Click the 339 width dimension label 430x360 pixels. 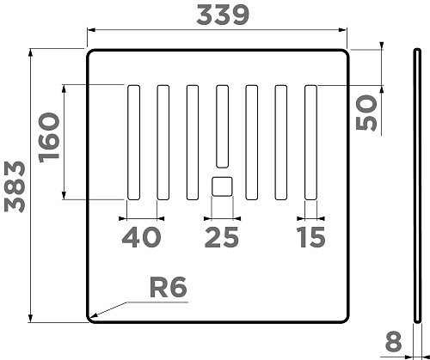tap(223, 15)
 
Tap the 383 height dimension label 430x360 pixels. tap(15, 187)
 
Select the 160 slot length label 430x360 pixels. tap(49, 137)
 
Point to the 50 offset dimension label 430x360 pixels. tap(366, 113)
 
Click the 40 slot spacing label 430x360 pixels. tap(141, 237)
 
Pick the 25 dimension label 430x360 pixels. tap(221, 237)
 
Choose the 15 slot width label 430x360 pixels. tap(311, 237)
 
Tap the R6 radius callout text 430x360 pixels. tap(169, 287)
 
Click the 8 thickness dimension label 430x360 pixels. tap(393, 341)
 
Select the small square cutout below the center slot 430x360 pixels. tap(222, 186)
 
